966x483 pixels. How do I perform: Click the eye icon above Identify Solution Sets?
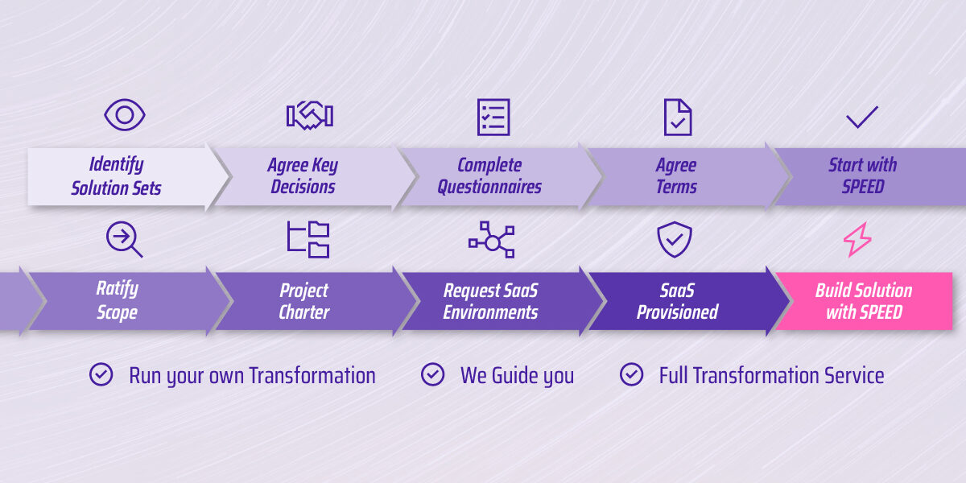point(125,115)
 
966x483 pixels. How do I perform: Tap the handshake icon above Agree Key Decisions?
point(309,116)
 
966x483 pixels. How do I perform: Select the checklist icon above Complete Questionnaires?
point(493,117)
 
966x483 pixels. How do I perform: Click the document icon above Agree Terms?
point(677,117)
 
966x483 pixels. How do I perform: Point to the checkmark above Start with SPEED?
point(862,118)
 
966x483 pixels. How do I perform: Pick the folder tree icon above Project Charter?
point(308,240)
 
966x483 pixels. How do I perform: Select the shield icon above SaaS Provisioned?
point(675,240)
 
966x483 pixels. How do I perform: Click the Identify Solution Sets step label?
point(117,176)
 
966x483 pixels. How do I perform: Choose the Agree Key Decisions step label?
point(303,176)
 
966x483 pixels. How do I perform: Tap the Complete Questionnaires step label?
point(489,176)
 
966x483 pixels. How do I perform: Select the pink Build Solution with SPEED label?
point(864,301)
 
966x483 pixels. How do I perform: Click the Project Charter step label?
point(304,301)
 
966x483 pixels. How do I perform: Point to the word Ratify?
point(118,289)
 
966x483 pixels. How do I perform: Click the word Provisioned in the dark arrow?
point(677,312)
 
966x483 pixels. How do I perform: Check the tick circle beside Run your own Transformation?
point(101,374)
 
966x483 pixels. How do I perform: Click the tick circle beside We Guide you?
point(433,374)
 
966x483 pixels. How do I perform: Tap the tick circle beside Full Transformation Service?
point(632,374)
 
